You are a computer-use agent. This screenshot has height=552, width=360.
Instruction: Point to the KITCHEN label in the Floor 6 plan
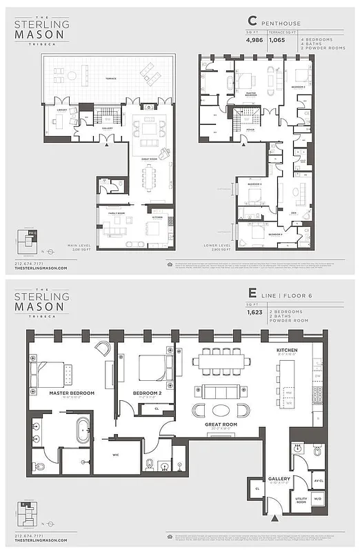287,351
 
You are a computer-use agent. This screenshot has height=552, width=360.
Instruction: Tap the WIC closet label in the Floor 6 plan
115,455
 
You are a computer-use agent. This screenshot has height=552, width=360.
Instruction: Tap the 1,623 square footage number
256,313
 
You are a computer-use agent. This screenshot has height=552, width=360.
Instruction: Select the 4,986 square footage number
256,40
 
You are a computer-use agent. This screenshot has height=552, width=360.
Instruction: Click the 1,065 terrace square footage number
277,40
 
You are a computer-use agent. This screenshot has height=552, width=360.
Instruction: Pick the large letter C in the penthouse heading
251,22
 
